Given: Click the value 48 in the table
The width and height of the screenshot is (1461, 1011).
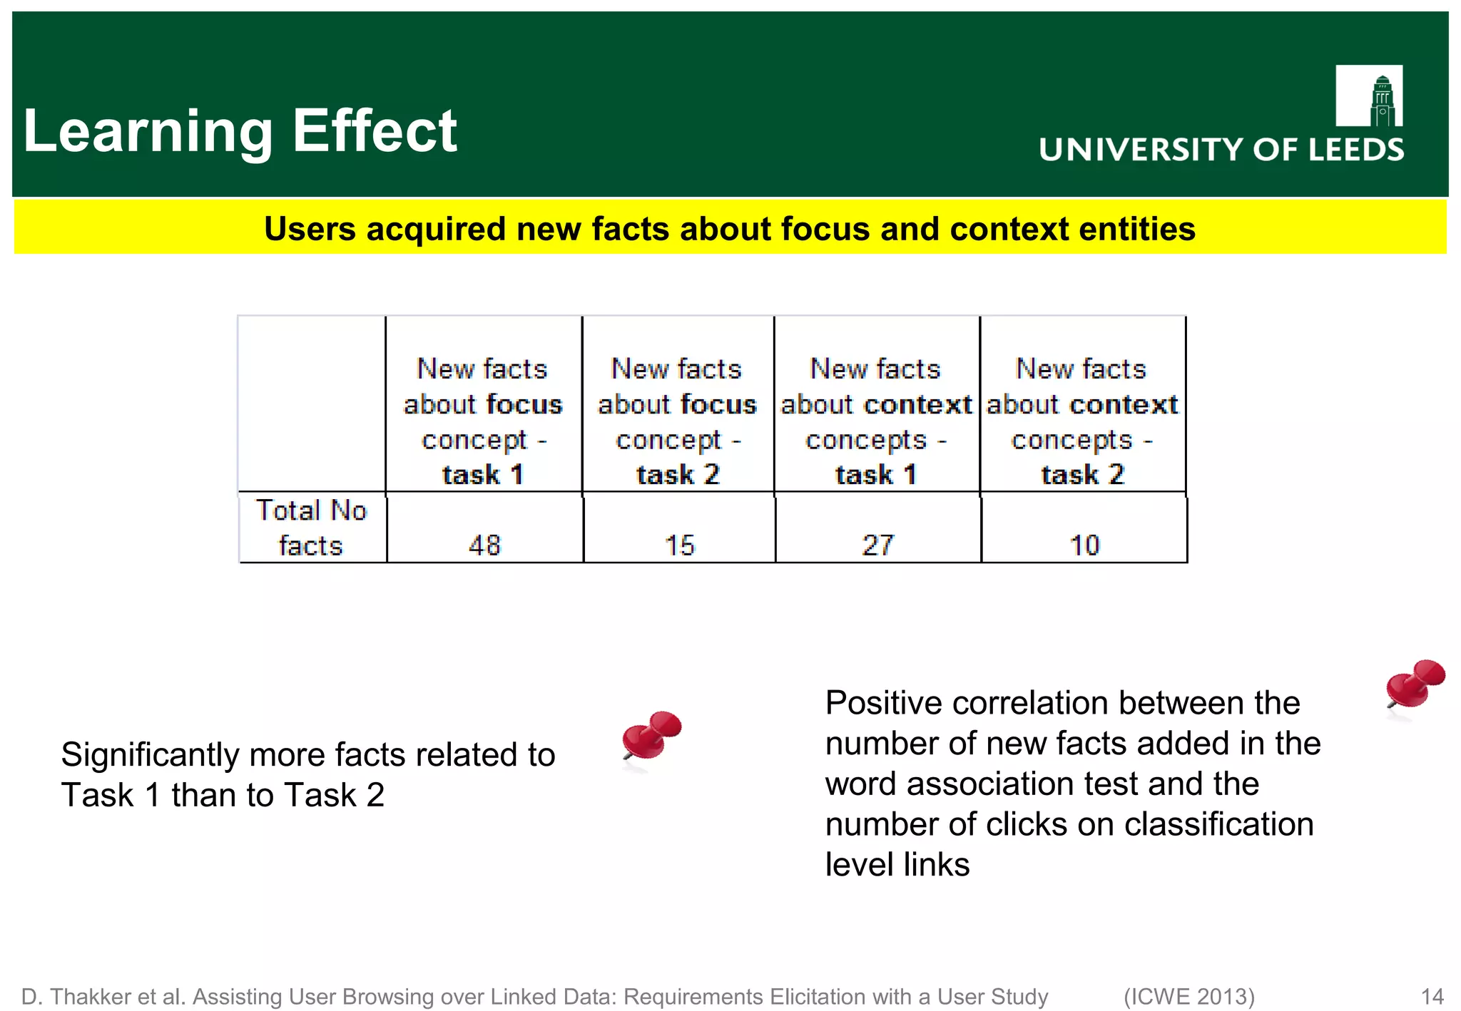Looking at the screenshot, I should pyautogui.click(x=484, y=545).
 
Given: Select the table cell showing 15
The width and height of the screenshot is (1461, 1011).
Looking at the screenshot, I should pyautogui.click(x=679, y=545).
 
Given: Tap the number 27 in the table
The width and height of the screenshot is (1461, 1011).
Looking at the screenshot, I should pyautogui.click(x=877, y=545).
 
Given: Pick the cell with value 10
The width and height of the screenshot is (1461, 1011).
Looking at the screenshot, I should pyautogui.click(x=1084, y=545).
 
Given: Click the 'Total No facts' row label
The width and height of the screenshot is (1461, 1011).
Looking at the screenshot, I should pyautogui.click(x=311, y=528).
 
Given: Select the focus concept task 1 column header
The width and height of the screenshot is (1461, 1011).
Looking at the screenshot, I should pyautogui.click(x=483, y=421).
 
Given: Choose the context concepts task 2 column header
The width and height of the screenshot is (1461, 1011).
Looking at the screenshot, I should pyautogui.click(x=1082, y=421).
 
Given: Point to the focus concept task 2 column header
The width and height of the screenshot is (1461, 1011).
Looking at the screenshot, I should pyautogui.click(x=678, y=421).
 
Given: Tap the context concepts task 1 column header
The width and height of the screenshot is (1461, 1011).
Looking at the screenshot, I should pyautogui.click(x=876, y=421).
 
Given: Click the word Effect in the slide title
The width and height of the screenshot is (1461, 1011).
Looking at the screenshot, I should pyautogui.click(x=375, y=131).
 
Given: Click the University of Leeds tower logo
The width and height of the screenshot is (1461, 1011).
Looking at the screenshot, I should pyautogui.click(x=1369, y=96).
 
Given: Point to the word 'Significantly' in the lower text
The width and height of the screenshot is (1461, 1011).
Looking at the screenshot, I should pyautogui.click(x=151, y=755).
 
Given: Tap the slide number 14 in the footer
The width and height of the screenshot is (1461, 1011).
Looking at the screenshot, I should pyautogui.click(x=1432, y=996).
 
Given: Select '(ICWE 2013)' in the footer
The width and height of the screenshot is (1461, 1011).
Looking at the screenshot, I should pyautogui.click(x=1189, y=996).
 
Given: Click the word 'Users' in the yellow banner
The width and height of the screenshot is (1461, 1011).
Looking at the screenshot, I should pyautogui.click(x=310, y=229).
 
